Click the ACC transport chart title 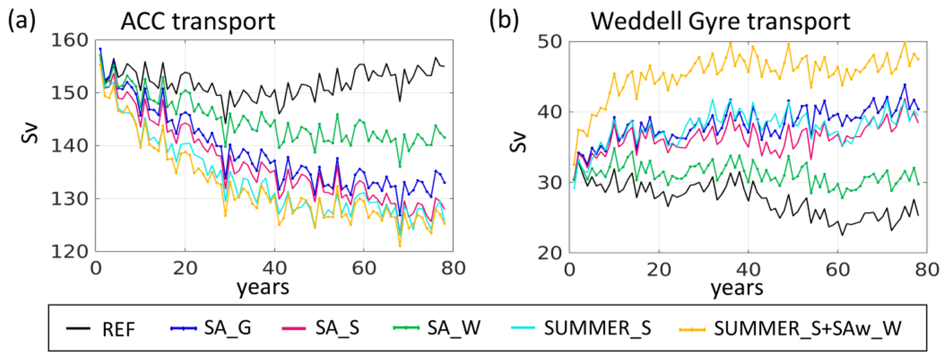(198, 21)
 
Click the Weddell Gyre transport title (720, 21)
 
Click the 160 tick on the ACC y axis (69, 40)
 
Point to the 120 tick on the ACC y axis (69, 252)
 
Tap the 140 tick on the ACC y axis (69, 146)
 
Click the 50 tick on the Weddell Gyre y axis (549, 42)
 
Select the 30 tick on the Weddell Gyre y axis (549, 183)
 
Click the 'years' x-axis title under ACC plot (263, 288)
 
